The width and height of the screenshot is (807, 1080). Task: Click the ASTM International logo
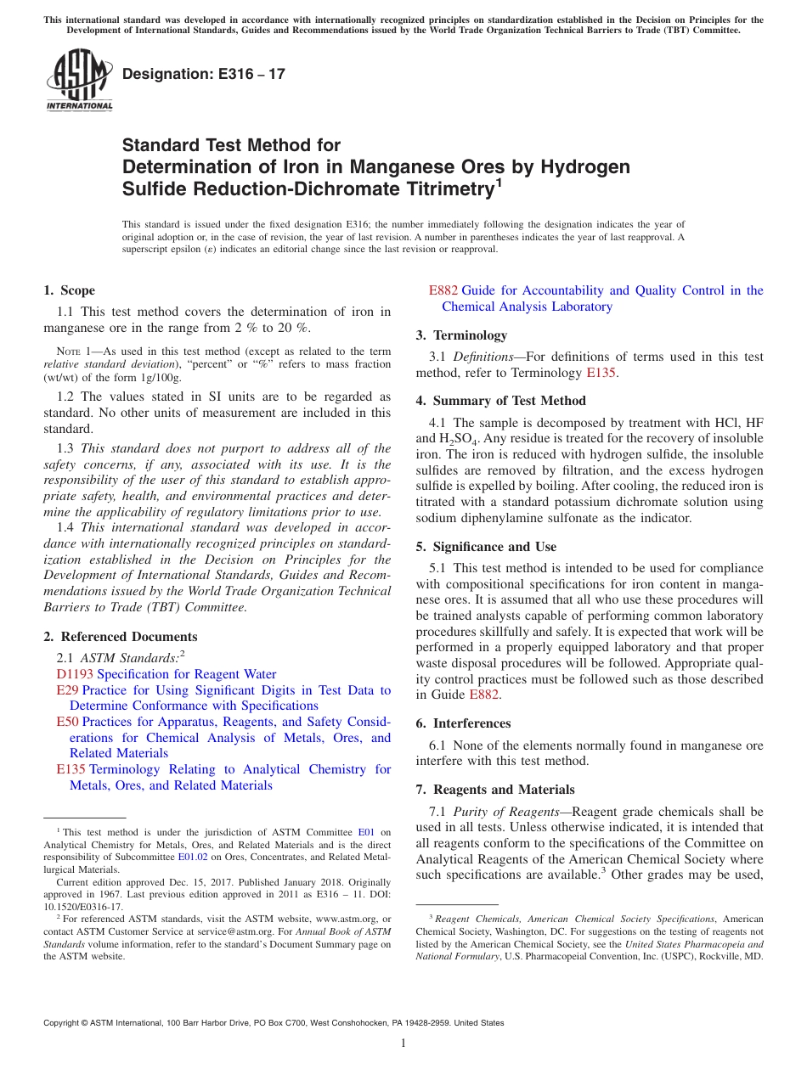point(78,82)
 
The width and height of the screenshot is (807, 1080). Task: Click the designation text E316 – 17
point(204,74)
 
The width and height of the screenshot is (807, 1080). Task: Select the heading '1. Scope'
point(70,290)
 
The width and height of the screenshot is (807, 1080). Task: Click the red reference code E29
point(67,690)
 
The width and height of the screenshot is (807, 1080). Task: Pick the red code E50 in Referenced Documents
point(67,722)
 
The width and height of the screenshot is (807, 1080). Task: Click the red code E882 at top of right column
point(443,290)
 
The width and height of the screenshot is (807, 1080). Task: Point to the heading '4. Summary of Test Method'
point(500,401)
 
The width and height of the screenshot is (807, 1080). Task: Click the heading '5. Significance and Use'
point(486,547)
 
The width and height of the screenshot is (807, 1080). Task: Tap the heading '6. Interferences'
point(463,723)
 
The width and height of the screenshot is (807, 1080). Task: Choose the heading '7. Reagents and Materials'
point(494,790)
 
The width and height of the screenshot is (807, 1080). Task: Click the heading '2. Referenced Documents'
point(121,637)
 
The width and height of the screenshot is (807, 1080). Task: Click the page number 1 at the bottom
point(403,1043)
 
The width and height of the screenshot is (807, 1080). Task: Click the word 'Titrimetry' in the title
point(441,188)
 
